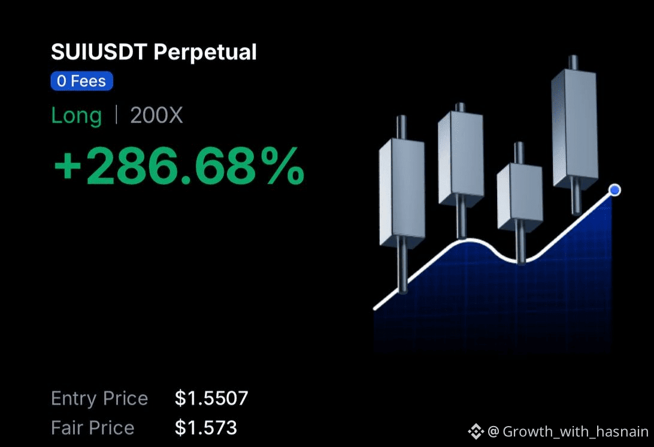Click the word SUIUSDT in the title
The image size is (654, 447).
[99, 52]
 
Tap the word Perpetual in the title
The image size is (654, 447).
[205, 53]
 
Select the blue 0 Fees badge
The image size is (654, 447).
[81, 81]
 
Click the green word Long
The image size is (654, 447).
[76, 116]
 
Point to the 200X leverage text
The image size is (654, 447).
[156, 115]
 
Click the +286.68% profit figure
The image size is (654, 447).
[179, 166]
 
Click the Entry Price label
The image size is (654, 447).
[99, 398]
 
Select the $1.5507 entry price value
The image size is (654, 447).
[211, 398]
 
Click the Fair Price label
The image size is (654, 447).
[93, 428]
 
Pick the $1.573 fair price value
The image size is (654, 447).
[205, 428]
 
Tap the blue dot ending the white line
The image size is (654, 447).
[614, 190]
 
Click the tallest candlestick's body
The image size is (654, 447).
[574, 129]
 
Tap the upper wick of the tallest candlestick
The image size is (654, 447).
[574, 62]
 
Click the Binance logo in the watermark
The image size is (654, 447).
[476, 431]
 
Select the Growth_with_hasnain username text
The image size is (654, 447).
[576, 431]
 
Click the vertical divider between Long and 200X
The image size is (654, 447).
[116, 115]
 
